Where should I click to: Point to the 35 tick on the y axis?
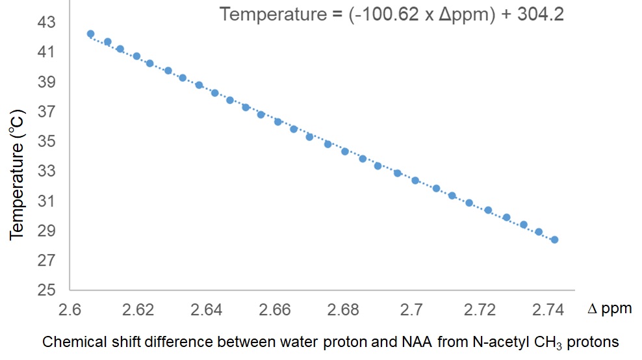(48, 142)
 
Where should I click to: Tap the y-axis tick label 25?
(48, 290)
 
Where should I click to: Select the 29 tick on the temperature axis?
(48, 231)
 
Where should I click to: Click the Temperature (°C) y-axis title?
(18, 174)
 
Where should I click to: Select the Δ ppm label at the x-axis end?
(610, 308)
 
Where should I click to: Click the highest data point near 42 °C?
(90, 34)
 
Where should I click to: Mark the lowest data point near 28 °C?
(554, 240)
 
